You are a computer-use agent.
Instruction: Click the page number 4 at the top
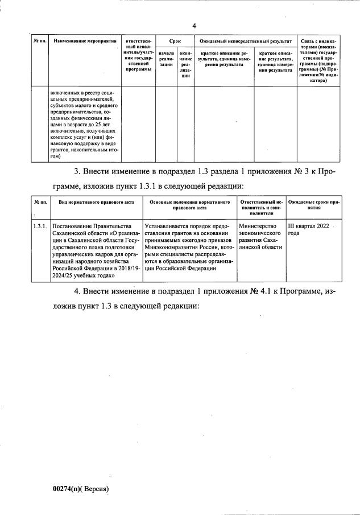click(194, 26)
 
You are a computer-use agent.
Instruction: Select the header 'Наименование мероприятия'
click(85, 42)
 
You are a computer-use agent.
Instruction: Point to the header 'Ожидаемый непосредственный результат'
click(245, 42)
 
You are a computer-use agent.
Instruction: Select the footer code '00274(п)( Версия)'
click(80, 488)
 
